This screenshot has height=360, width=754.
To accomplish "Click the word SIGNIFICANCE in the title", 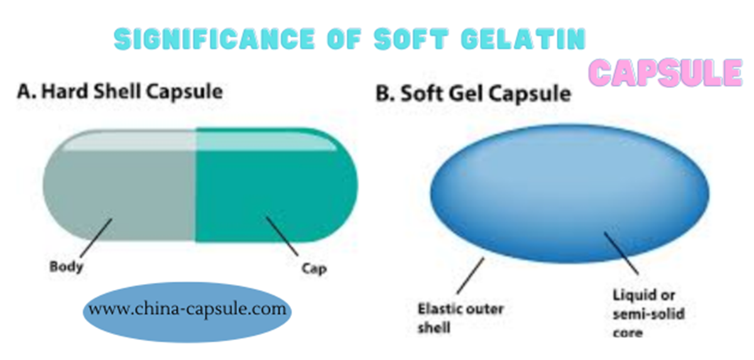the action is click(214, 40).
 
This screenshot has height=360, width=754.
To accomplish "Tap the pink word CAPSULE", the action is click(666, 72).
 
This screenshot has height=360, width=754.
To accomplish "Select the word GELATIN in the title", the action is click(524, 39).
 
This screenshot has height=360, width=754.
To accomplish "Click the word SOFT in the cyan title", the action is click(412, 39).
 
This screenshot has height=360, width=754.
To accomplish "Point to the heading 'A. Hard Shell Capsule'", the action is click(120, 92).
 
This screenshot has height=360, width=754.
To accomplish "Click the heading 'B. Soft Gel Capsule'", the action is click(473, 93).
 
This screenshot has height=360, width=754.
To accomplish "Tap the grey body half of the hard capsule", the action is click(119, 185).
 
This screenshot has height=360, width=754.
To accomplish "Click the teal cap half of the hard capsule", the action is click(276, 185).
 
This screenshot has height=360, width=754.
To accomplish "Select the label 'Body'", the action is click(67, 267).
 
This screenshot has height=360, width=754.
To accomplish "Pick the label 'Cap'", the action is click(314, 268).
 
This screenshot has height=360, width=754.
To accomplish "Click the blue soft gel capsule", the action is click(570, 194).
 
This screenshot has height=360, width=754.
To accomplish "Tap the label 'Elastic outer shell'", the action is click(461, 318).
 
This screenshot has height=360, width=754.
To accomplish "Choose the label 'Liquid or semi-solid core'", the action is click(648, 314).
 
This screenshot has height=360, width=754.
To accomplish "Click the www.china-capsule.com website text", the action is click(187, 309).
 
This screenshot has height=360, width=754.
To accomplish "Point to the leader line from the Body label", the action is click(96, 239).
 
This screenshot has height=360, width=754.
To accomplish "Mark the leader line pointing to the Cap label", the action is click(282, 236).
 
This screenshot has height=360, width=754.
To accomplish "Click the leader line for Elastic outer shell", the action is click(471, 276).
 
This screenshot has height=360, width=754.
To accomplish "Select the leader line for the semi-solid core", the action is click(621, 253).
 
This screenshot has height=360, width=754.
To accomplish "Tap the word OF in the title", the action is click(344, 39).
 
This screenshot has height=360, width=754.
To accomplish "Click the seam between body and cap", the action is click(196, 185).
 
